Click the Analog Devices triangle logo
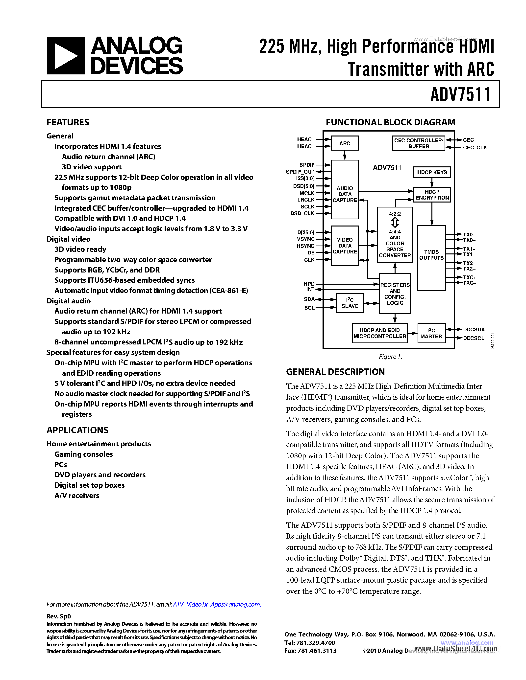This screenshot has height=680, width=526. pos(65,56)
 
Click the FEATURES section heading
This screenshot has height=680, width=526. pos(68,122)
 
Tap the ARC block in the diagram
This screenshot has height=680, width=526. pos(345,143)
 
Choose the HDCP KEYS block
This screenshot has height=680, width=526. pos(432,172)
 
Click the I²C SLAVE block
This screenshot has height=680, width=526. pos(350,303)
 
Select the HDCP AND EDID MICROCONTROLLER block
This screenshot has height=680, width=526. pos(379,333)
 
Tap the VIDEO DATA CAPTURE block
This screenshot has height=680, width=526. pos(345,246)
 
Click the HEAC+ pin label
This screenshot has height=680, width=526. pos(305,139)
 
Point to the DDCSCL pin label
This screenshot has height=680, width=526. pos(473,338)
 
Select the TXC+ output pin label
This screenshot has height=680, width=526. pos(469,277)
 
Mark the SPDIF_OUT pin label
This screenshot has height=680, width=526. pos(300,172)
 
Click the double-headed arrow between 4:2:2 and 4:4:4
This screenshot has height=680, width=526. pos(395,223)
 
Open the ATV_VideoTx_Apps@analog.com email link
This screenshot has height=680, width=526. pos(217,604)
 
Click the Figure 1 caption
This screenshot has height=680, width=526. pos(390,357)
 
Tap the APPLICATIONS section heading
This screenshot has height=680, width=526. pos(77,430)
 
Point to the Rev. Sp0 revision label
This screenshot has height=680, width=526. pos(59,616)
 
